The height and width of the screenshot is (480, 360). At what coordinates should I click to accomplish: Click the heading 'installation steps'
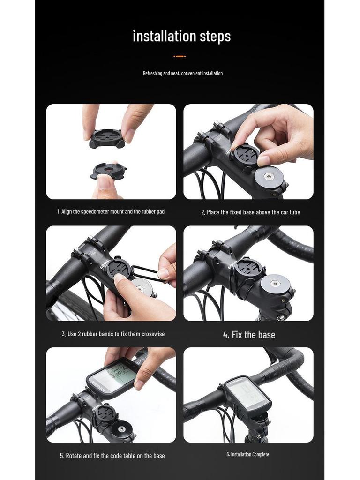[181, 36]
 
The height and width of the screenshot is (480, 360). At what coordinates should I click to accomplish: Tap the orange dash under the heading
[180, 56]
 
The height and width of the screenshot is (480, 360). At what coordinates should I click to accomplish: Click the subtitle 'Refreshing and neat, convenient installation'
[183, 73]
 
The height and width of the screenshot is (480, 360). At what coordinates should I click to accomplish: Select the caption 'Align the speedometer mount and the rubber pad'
[111, 212]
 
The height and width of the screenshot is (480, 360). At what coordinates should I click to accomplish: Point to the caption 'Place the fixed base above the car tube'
[250, 212]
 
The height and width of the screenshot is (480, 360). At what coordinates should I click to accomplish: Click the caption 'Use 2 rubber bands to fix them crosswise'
[113, 334]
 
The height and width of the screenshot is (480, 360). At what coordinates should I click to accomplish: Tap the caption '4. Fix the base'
[249, 335]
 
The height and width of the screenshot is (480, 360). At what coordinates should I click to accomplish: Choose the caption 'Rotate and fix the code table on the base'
[112, 456]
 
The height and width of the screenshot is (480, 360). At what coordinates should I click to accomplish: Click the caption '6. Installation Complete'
[247, 454]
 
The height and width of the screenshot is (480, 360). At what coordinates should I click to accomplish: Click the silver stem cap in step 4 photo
[276, 284]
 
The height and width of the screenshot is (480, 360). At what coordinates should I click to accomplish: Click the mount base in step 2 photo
[246, 154]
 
